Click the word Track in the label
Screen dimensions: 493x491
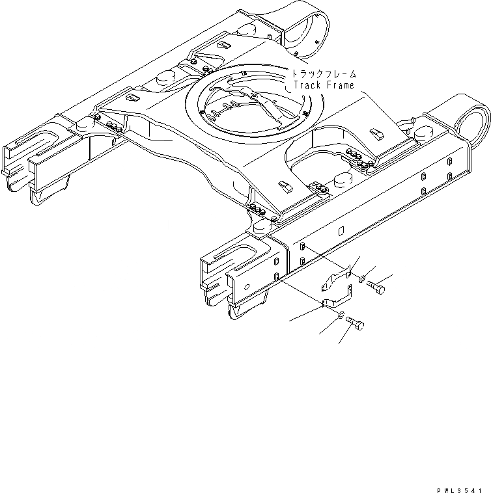click(x=307, y=85)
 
